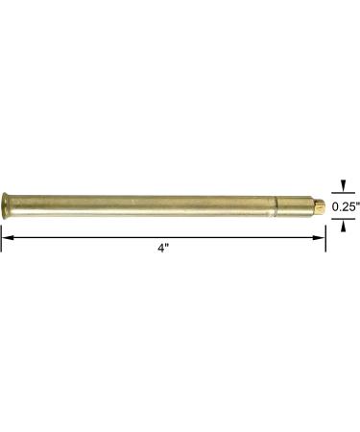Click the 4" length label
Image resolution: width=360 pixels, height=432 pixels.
click(165, 247)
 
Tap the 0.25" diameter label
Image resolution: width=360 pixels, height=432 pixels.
click(344, 204)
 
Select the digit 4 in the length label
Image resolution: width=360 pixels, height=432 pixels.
click(162, 247)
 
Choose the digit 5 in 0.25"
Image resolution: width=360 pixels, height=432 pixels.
click(348, 204)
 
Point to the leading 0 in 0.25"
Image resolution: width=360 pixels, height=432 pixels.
click(333, 204)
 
